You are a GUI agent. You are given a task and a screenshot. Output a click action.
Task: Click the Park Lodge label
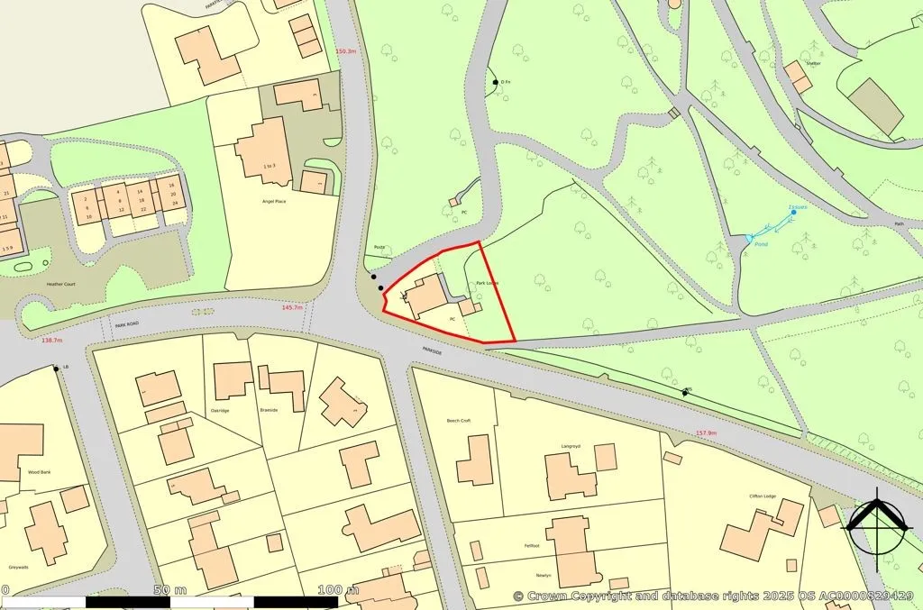coord(487,284)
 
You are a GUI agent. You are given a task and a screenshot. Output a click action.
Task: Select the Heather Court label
coord(61,284)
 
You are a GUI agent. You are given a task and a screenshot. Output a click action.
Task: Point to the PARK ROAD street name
coord(127,323)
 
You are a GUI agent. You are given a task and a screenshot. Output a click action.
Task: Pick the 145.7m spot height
coord(292,307)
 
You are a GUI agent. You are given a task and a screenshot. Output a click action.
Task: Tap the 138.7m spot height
coord(52,341)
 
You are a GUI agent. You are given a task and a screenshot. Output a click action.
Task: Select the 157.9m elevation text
coord(706,433)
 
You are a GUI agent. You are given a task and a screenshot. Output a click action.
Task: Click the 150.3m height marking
coord(345,51)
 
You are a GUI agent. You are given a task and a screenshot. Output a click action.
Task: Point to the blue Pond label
coord(762,244)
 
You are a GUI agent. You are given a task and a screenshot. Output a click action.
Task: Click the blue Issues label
coord(798,207)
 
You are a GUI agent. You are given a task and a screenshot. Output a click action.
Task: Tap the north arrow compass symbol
coord(877,524)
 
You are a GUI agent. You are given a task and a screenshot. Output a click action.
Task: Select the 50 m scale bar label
coord(169,590)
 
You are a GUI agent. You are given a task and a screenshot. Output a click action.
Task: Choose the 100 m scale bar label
coord(337,590)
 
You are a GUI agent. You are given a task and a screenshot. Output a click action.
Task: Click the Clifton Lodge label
coord(763,496)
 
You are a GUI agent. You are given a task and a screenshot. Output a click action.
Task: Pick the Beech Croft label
coord(459,421)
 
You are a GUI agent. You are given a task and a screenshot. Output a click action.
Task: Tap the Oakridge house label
coord(220,410)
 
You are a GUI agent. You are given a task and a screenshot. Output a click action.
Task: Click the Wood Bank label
coord(39,471)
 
